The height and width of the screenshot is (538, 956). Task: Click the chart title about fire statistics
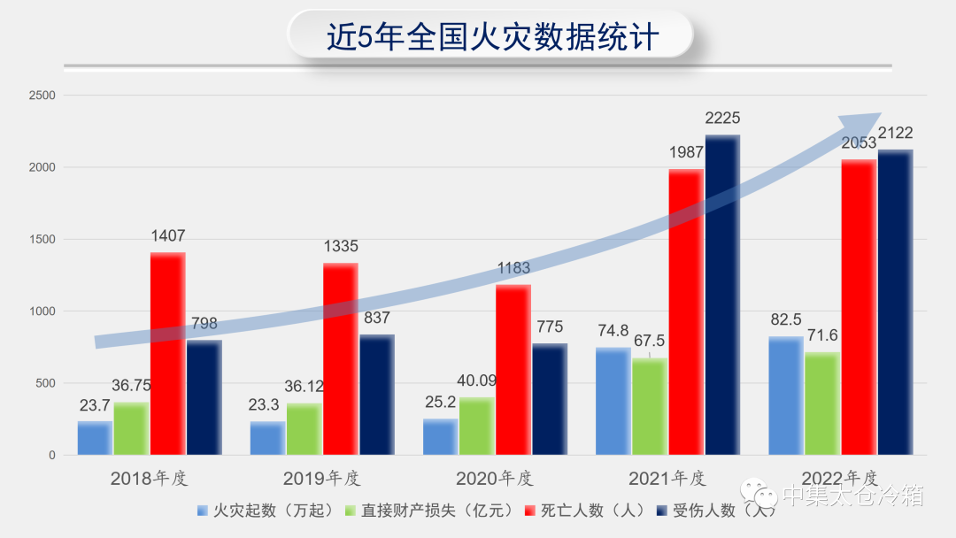492,36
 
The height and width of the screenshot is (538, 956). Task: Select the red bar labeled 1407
168,354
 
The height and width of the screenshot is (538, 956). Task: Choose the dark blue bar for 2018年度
204,398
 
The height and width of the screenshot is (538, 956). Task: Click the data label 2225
722,118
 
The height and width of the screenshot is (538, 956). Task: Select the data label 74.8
613,331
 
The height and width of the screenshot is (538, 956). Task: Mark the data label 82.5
785,319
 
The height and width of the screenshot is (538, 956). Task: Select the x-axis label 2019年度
321,479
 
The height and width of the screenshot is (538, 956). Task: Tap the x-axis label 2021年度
667,479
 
